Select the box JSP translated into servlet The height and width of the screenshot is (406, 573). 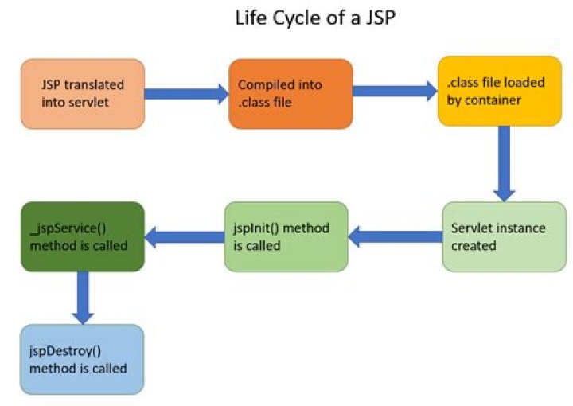[83, 93]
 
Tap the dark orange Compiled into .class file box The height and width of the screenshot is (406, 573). [290, 93]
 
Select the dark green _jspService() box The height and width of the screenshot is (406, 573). [83, 236]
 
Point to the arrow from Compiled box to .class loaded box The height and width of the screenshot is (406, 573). [395, 90]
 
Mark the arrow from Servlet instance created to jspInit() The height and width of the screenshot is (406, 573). [396, 235]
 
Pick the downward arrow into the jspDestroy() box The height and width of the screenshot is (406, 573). [83, 297]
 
